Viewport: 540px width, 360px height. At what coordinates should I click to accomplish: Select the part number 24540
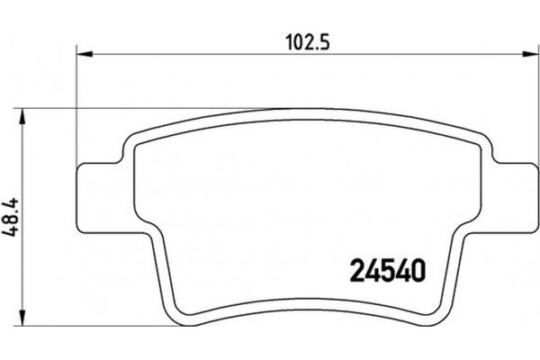386,268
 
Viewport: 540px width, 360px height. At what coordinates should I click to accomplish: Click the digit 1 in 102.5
284,41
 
